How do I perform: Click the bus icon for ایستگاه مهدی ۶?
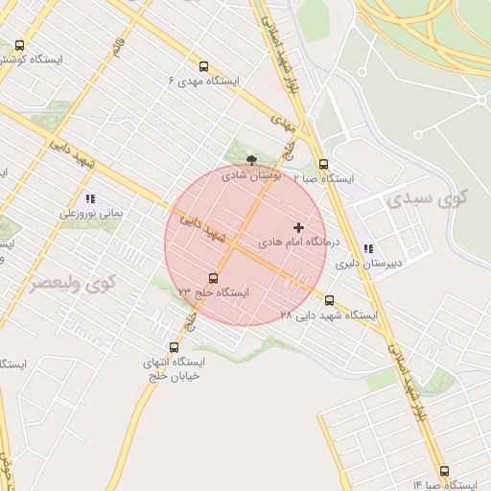pos(202,67)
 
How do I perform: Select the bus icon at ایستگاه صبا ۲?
pos(323,164)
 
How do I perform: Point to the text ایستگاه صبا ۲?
pos(323,178)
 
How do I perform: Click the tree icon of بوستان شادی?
pos(251,160)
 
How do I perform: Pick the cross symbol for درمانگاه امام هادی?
pos(299,228)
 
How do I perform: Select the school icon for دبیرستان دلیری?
pos(368,248)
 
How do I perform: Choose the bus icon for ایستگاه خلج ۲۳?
pos(213,278)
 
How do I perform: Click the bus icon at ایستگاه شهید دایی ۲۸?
pos(330,300)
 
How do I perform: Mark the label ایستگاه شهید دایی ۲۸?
pos(329,315)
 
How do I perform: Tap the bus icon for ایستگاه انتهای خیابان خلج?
pos(174,347)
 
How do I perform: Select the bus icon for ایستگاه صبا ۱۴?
pos(443,471)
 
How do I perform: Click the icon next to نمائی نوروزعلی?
pos(90,199)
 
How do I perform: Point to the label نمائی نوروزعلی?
pos(92,214)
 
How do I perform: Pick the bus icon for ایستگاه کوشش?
pos(21,45)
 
